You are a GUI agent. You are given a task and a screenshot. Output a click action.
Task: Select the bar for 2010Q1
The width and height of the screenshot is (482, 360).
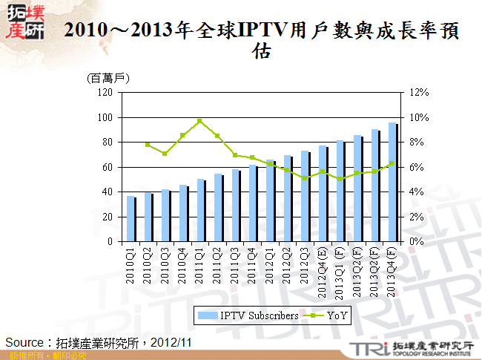(131, 219)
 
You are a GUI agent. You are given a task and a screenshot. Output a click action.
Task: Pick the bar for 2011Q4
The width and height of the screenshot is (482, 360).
(253, 203)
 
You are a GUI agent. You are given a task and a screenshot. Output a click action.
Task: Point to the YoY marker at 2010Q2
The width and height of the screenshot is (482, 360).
(148, 145)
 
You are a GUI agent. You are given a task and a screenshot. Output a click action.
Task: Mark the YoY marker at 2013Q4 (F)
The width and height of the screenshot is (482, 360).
(392, 163)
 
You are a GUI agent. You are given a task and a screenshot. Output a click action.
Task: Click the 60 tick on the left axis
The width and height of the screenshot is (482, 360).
(107, 167)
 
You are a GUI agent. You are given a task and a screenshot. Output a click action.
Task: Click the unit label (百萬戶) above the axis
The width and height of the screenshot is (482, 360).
(109, 78)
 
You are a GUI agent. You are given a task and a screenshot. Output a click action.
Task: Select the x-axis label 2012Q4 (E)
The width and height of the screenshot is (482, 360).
(323, 272)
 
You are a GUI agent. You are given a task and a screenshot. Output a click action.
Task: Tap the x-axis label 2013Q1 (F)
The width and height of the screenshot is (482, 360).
(340, 272)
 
